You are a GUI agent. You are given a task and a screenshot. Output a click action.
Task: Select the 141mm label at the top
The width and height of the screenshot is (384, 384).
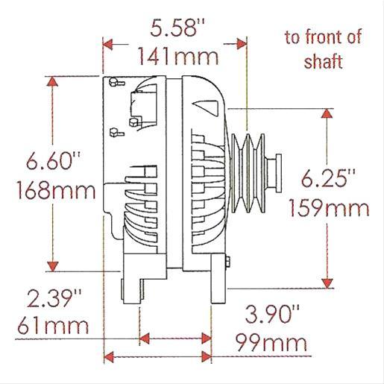[176, 56]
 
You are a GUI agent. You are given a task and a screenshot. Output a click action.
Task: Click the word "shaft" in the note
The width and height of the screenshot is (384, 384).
[323, 62]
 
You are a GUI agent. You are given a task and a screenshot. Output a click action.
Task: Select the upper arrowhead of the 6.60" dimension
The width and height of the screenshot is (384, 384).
[53, 81]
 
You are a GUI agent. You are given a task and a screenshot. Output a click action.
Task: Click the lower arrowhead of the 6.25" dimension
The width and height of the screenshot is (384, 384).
[326, 281]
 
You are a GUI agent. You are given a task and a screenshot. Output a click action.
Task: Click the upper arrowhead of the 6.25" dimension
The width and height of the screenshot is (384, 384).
[326, 113]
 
